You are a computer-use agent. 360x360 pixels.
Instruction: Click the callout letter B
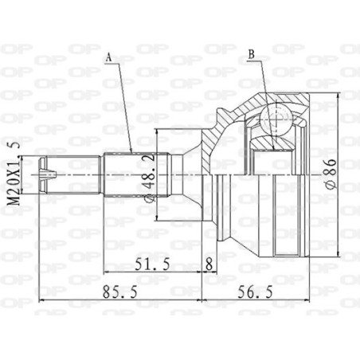pyautogui.click(x=251, y=55)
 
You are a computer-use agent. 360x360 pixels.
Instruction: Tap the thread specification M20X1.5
pyautogui.click(x=12, y=174)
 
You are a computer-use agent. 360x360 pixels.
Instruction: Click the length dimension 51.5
pyautogui.click(x=152, y=264)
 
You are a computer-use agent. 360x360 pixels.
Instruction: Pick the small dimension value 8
pyautogui.click(x=209, y=264)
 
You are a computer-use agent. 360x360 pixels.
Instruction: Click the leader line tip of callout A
pyautogui.click(x=131, y=151)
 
